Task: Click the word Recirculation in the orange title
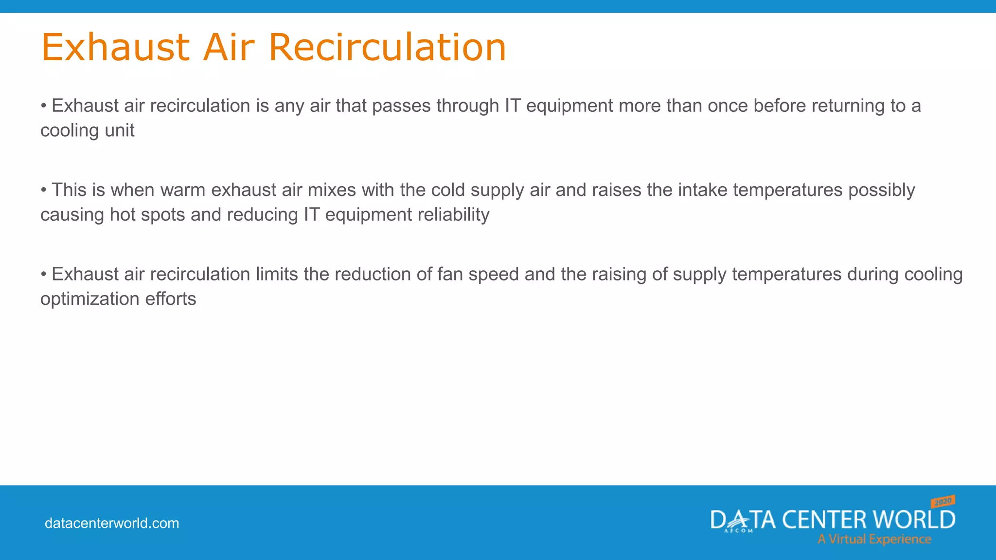387,47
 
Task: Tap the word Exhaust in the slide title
115,47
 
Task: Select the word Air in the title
229,47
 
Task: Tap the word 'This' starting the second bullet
69,190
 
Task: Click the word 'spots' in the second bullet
163,215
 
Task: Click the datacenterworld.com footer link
112,524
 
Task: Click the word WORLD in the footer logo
914,520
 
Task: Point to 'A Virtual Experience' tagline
874,539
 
